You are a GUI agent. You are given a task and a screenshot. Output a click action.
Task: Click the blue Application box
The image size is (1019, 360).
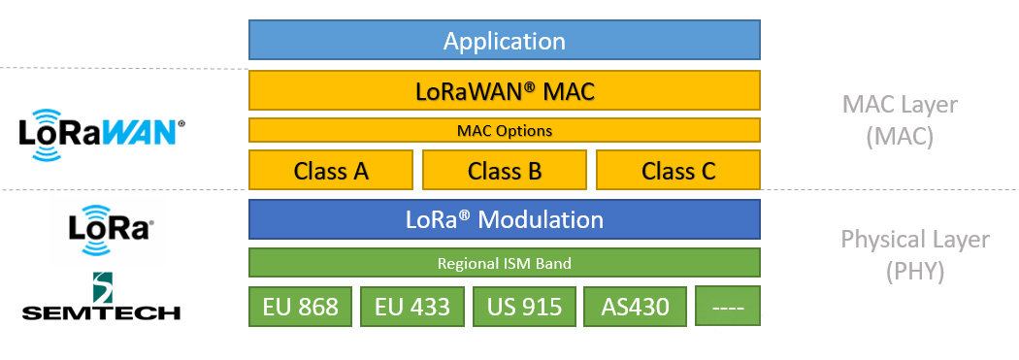tap(505, 41)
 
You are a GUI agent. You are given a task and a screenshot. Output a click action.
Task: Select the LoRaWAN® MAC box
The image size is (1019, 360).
tap(505, 90)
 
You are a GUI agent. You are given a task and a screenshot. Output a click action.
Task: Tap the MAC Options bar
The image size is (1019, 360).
tap(505, 130)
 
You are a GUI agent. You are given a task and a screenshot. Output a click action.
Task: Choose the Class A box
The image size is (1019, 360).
tap(331, 170)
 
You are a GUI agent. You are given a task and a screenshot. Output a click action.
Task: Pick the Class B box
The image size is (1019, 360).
tap(505, 170)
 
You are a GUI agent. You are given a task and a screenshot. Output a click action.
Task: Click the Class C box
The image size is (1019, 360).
tap(677, 170)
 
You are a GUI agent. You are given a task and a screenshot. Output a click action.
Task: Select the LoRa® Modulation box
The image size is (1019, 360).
tap(505, 219)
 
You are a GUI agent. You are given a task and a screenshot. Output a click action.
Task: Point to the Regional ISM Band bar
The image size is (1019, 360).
tap(505, 263)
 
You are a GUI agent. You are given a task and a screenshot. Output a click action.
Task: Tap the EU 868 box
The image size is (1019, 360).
tap(300, 306)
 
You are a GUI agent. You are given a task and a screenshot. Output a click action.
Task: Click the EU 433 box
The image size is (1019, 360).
tap(412, 306)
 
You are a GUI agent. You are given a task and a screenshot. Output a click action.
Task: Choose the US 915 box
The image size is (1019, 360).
tap(524, 306)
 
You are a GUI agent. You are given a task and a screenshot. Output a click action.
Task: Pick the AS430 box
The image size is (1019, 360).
tap(635, 306)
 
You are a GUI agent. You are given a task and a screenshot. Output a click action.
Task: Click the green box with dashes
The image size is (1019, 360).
tap(727, 306)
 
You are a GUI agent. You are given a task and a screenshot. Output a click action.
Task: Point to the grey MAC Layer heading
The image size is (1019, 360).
tap(900, 105)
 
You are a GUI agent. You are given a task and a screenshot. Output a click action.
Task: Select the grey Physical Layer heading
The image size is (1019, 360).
tap(915, 240)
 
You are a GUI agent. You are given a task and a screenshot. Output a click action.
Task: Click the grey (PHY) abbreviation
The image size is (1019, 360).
tap(915, 271)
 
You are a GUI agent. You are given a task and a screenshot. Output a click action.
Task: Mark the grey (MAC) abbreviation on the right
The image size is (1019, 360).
tap(900, 137)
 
